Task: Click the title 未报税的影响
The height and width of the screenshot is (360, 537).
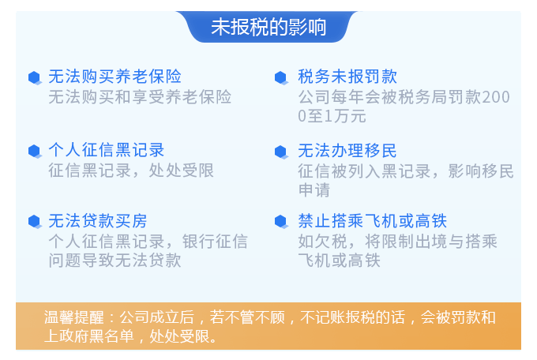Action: click(268, 27)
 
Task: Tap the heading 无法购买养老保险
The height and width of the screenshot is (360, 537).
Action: click(115, 77)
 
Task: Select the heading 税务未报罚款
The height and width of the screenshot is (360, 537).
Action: click(347, 77)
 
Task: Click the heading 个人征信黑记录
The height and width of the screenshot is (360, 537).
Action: click(107, 150)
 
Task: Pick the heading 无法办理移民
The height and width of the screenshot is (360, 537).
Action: click(347, 151)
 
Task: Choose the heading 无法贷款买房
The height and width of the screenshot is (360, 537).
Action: click(98, 221)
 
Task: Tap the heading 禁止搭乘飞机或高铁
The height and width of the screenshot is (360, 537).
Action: click(372, 221)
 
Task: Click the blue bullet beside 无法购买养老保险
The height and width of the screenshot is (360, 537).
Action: click(35, 77)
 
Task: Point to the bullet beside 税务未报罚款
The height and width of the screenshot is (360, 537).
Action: click(281, 77)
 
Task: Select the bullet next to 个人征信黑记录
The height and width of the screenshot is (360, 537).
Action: click(35, 152)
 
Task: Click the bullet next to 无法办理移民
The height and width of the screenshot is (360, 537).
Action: click(281, 152)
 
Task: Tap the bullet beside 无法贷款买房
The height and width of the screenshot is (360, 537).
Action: click(35, 222)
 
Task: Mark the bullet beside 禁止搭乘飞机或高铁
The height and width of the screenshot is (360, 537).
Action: click(281, 222)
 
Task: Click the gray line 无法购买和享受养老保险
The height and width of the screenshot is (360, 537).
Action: click(140, 97)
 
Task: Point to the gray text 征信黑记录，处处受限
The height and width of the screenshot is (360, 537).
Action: click(131, 171)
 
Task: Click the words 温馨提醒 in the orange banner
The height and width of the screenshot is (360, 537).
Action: click(73, 317)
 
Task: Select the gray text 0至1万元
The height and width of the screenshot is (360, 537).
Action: click(332, 116)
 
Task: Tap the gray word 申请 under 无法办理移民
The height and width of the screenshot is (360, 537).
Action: click(314, 190)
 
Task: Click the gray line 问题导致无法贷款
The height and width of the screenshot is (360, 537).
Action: click(115, 261)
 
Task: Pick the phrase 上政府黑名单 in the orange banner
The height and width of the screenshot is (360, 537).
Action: click(89, 336)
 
